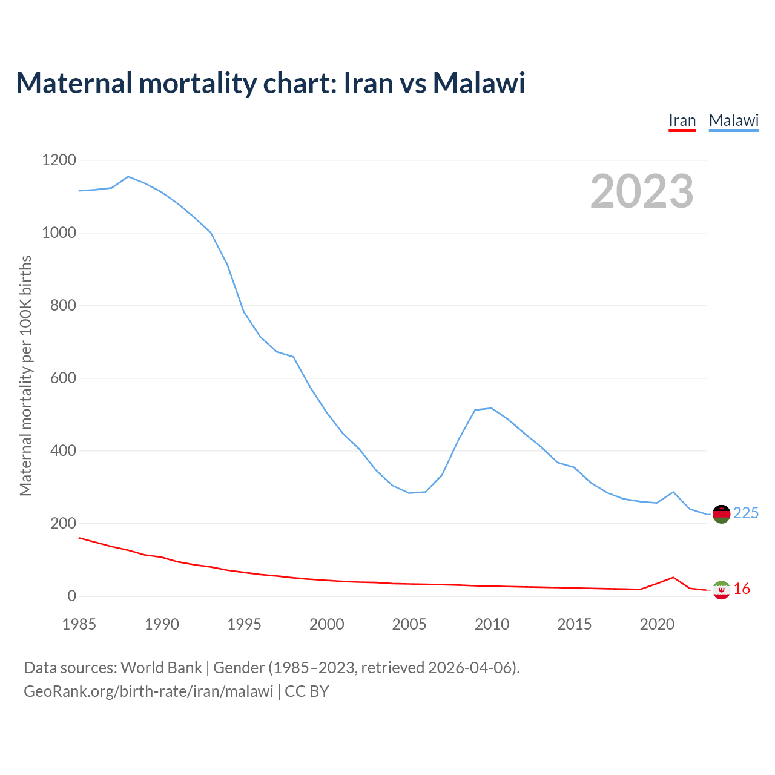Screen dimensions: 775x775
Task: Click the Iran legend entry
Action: (x=682, y=121)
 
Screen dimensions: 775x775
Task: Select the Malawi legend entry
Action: (x=734, y=121)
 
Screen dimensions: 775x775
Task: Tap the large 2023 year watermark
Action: (x=642, y=191)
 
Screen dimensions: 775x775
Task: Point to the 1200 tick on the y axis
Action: (x=59, y=160)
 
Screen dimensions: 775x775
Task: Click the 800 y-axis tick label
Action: (x=64, y=306)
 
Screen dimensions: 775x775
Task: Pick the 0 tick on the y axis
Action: (x=72, y=596)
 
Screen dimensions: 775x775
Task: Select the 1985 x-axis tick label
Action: (x=79, y=624)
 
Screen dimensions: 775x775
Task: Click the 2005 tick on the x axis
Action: (x=409, y=624)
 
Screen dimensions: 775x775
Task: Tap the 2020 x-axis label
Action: (x=657, y=624)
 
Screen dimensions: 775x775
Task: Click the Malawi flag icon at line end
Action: (x=721, y=514)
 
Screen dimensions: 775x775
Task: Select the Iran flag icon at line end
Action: (x=721, y=590)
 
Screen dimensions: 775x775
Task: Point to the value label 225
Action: (x=746, y=513)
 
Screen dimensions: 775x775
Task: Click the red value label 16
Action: (x=742, y=589)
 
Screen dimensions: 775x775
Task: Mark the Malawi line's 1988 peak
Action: (x=128, y=177)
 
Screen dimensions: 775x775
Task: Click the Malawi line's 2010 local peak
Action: (x=491, y=408)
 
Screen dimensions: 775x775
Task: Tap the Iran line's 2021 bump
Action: (x=673, y=578)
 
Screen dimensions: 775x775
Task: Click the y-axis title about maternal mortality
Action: (x=25, y=376)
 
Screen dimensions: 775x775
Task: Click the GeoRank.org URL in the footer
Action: (x=148, y=691)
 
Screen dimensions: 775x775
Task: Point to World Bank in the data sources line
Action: (x=161, y=668)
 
